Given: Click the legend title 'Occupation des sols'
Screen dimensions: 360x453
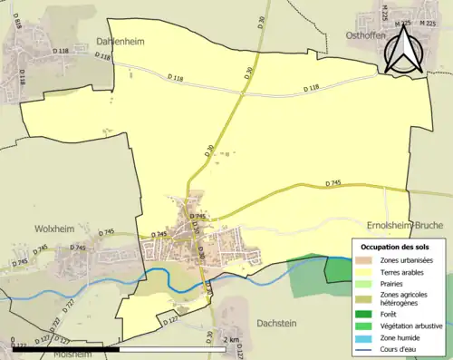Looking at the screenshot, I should tap(397, 247).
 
